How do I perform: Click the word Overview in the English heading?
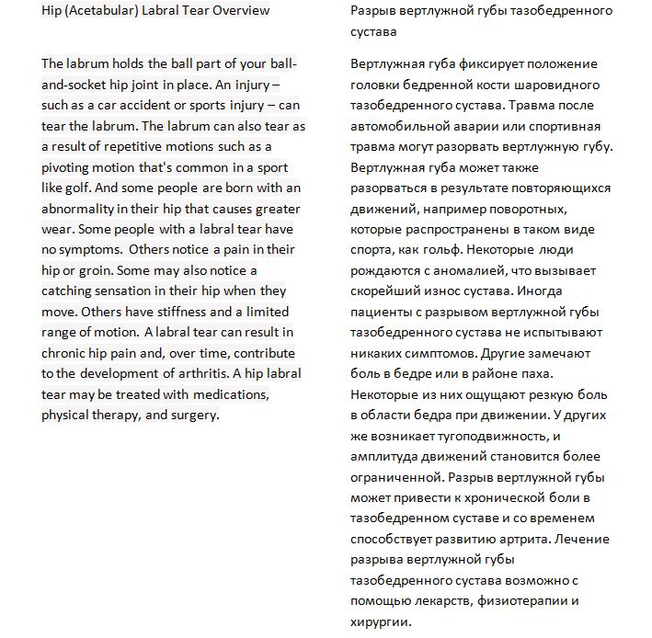(240, 11)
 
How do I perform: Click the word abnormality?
(80, 209)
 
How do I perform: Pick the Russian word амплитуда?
(383, 457)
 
